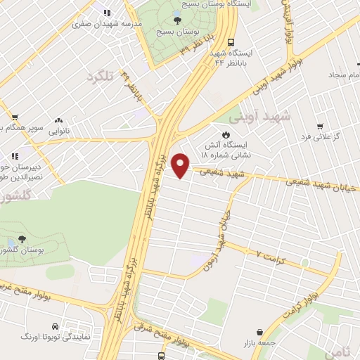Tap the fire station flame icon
pyautogui.click(x=226, y=135)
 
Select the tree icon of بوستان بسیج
pyautogui.click(x=176, y=20)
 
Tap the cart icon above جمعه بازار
pyautogui.click(x=261, y=331)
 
